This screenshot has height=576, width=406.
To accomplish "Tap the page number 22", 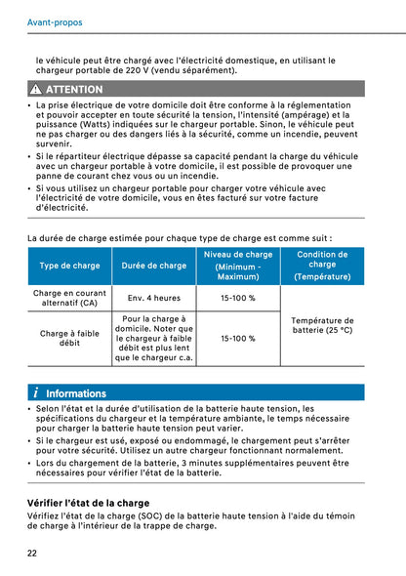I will coord(32,554).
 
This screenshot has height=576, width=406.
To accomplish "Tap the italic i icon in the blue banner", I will coord(35,393).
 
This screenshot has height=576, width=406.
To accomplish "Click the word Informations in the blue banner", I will coord(76,393).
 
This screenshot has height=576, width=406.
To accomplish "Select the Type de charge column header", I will coord(69,266).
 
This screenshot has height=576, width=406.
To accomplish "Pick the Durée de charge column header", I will coord(154,266).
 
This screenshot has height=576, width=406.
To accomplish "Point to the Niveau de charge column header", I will coord(238,265).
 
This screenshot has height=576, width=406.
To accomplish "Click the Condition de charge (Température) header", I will coord(322,265).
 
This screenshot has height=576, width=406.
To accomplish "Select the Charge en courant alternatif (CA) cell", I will coord(69,298).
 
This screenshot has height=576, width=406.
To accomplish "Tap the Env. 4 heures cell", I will coord(154,298).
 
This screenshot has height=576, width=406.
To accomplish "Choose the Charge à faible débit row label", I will coord(69,338).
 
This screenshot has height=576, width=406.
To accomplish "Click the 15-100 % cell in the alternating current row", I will coord(238,298).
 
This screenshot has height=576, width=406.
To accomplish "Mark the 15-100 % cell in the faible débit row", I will coord(238,339).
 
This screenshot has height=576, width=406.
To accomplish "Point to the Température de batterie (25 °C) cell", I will coord(322,325).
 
